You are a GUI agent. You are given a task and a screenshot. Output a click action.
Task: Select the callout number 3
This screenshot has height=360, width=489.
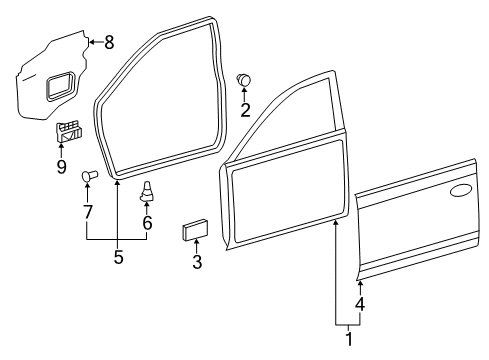(196, 262)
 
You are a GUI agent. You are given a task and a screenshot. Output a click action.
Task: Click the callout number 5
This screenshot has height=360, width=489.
(118, 256)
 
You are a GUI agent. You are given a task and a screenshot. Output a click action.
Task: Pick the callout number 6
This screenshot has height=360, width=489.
(148, 224)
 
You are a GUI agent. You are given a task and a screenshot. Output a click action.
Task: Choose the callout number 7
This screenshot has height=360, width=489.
(88, 211)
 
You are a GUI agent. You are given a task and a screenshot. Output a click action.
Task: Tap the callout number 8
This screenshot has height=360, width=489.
(109, 42)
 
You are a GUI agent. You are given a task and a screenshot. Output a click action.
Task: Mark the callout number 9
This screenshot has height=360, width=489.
(62, 167)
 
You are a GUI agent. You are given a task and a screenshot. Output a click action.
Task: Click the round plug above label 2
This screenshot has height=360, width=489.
(243, 78)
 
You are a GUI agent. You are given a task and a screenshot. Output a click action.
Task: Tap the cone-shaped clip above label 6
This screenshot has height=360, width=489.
(148, 189)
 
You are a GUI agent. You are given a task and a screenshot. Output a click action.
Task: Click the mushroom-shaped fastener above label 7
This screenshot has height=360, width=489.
(87, 178)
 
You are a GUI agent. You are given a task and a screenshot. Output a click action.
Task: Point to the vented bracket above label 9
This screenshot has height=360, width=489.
(68, 131)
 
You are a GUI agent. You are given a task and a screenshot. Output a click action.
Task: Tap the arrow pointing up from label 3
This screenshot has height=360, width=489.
(196, 248)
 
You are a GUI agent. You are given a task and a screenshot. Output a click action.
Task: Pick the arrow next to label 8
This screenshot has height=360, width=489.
(94, 41)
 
